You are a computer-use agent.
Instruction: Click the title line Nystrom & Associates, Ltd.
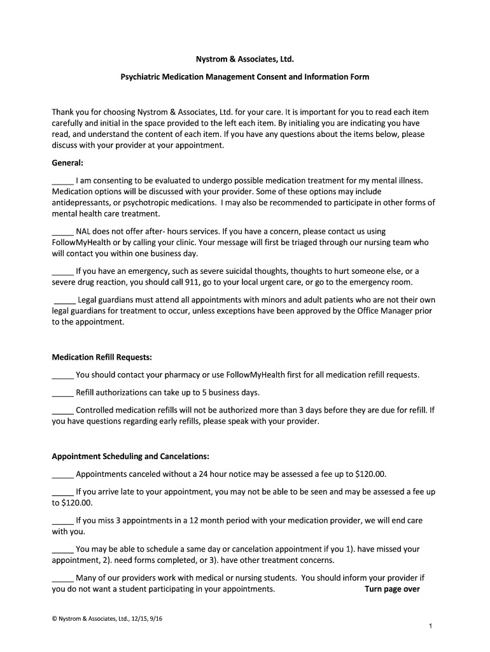[x=245, y=59]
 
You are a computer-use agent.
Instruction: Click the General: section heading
[x=68, y=162]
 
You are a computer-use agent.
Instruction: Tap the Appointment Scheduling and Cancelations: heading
[x=130, y=457]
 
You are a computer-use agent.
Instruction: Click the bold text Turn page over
[x=392, y=589]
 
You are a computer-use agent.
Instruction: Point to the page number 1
[x=431, y=627]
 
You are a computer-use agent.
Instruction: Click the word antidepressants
[x=81, y=202]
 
